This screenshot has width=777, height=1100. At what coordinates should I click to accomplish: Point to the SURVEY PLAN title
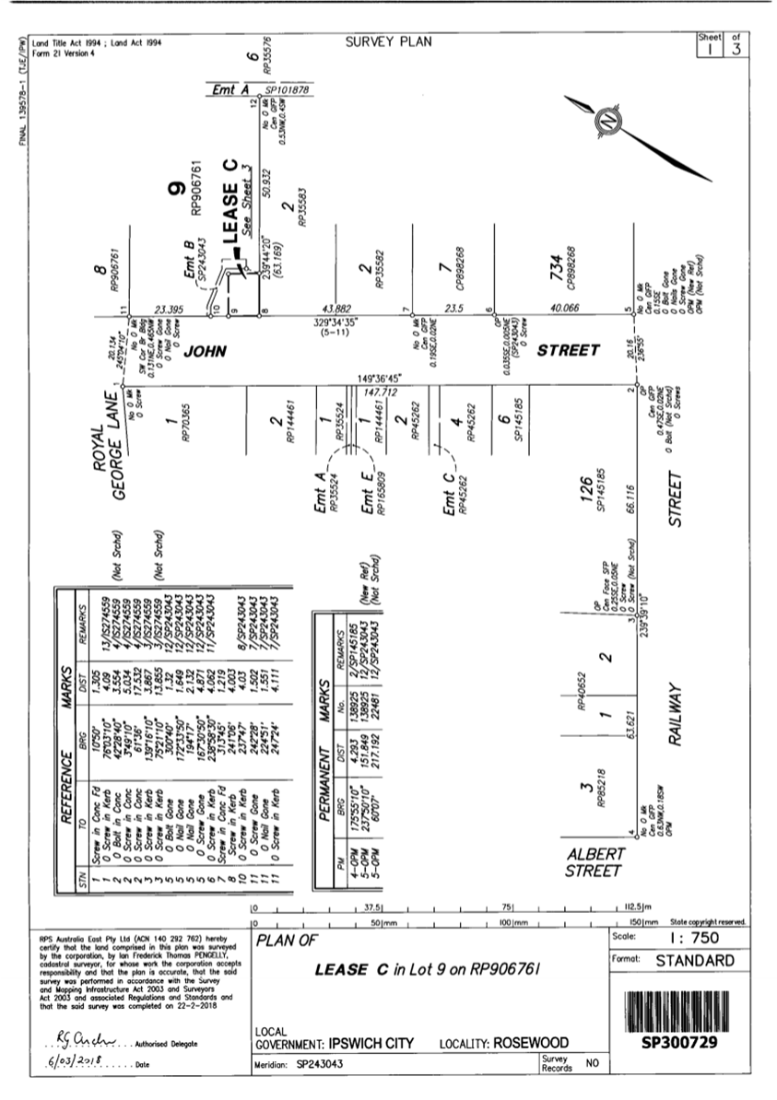[x=388, y=41]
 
